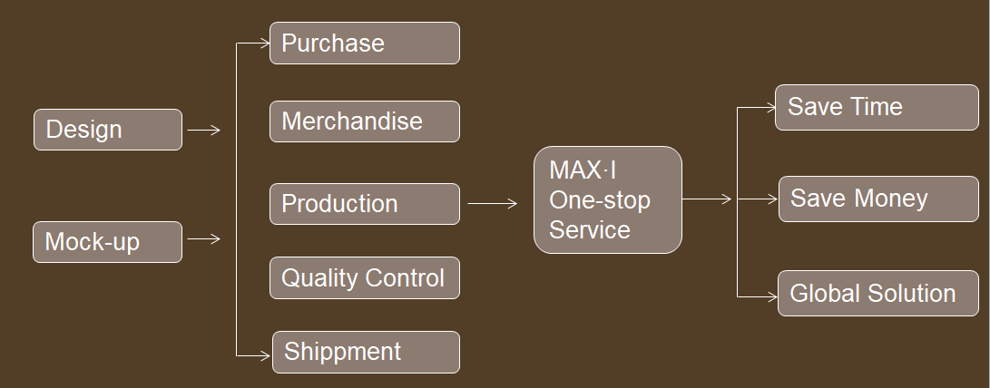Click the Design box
coord(107,130)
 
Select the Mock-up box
coord(107,242)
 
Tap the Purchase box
coord(364,44)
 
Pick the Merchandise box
coord(364,121)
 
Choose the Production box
coord(364,204)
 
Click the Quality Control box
coord(364,278)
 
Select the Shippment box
coord(366,352)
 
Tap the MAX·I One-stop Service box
coord(607,199)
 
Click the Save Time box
coord(877,108)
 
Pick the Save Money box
coord(878,199)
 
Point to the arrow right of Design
coord(203,131)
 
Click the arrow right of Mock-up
coord(203,239)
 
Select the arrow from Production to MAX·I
coord(492,204)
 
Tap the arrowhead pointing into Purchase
coord(263,43)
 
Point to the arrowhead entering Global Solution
coord(771,296)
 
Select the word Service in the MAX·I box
coord(589,230)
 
